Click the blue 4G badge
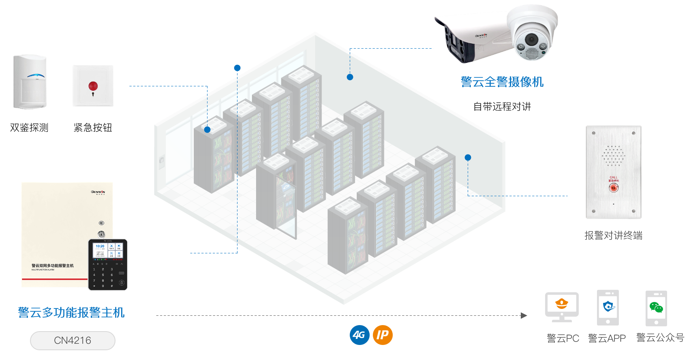(359, 335)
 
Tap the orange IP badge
(383, 335)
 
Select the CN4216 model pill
(73, 340)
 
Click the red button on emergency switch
(93, 86)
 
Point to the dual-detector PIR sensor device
(30, 82)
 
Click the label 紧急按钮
(93, 128)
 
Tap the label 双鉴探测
(29, 128)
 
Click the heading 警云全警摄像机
(502, 82)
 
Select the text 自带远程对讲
(502, 107)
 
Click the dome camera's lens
(531, 40)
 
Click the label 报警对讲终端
(613, 236)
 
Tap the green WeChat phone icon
(656, 308)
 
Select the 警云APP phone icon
(608, 307)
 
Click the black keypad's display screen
(108, 251)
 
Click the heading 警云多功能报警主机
(71, 313)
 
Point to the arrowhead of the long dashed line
(524, 315)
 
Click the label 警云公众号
(660, 337)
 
